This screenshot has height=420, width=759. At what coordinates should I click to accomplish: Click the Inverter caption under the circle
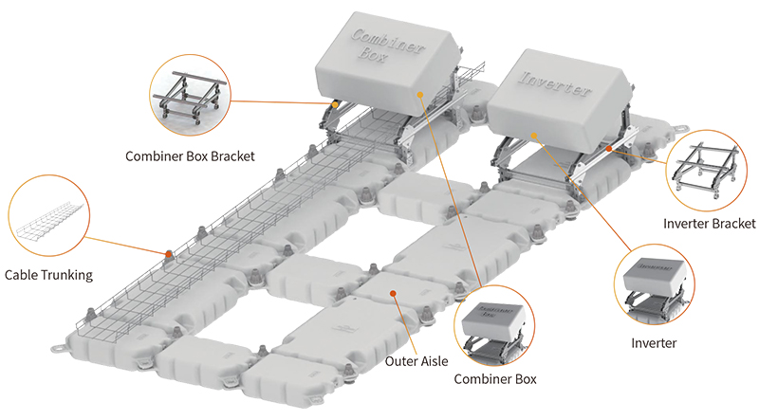(654, 342)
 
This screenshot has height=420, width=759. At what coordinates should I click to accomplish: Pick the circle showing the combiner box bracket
(188, 95)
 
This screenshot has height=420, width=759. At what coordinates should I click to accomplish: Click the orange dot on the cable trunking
(169, 253)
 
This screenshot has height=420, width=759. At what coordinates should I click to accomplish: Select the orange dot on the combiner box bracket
(335, 101)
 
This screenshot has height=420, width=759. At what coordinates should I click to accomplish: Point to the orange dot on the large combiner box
(417, 95)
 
